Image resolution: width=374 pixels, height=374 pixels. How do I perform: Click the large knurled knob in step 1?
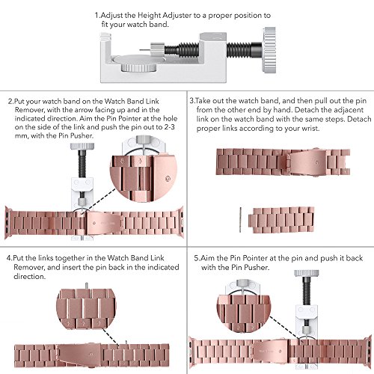click(269, 50)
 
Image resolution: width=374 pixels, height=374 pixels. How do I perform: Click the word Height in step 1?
click(149, 16)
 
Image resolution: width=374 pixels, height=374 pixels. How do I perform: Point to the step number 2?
click(10, 102)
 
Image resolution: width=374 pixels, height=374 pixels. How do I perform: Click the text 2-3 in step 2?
click(170, 127)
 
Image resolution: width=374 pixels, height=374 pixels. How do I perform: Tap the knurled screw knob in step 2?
click(82, 146)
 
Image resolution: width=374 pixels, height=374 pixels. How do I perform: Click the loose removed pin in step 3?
click(240, 220)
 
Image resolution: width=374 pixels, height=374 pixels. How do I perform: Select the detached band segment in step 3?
click(281, 220)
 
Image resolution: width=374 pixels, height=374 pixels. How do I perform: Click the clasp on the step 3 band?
click(307, 162)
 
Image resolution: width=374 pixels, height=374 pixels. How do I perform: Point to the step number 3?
click(192, 101)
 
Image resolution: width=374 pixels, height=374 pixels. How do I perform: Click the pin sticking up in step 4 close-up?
click(86, 286)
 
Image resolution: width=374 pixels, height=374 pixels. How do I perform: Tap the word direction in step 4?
click(29, 276)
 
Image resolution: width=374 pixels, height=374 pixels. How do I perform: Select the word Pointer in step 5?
click(255, 258)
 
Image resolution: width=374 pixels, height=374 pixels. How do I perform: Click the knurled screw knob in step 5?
click(307, 273)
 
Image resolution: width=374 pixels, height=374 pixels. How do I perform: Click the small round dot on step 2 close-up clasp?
click(168, 179)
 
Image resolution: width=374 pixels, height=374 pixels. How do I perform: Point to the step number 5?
click(197, 258)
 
